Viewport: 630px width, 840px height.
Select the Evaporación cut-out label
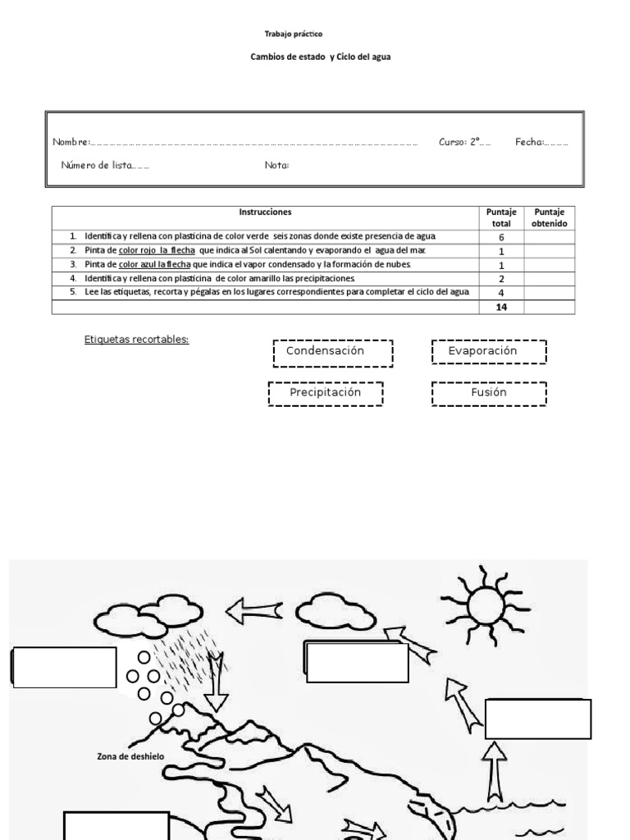(x=488, y=352)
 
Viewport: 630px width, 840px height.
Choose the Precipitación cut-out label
(x=326, y=393)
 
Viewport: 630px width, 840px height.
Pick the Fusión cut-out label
(x=489, y=393)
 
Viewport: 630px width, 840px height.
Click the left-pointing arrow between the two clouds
(x=253, y=610)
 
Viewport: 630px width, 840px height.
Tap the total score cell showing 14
(x=501, y=307)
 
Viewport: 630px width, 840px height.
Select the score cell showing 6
(x=501, y=237)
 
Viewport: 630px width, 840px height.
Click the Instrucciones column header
(x=265, y=212)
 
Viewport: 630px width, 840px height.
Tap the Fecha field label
(x=529, y=142)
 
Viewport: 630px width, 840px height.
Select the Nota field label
(x=276, y=165)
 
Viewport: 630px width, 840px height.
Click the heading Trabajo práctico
(x=293, y=34)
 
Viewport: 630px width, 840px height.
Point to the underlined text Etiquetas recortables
(x=136, y=339)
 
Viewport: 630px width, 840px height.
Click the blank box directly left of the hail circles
(x=64, y=667)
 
